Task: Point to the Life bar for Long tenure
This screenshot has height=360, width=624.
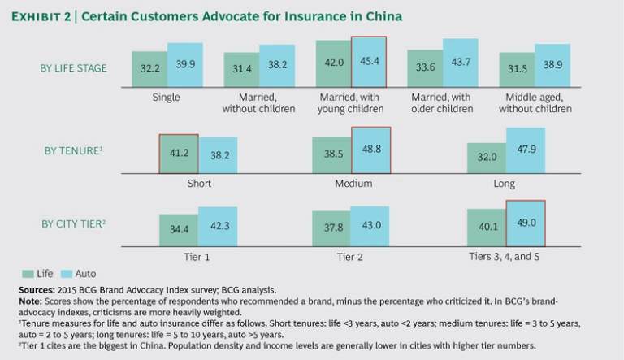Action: point(487,158)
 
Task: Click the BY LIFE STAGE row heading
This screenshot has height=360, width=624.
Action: point(74,68)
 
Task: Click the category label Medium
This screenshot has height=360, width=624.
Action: point(353,184)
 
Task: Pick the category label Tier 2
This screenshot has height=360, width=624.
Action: point(353,257)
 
